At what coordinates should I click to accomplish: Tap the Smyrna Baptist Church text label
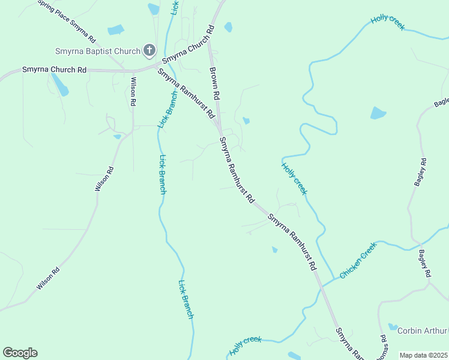click(x=97, y=51)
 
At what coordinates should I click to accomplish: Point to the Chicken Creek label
click(x=358, y=260)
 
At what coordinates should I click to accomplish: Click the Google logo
click(x=20, y=353)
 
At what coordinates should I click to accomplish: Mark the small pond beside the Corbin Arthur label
click(x=393, y=327)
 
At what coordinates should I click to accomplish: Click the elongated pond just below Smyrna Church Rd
click(x=59, y=85)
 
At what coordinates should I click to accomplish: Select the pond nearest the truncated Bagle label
click(x=378, y=113)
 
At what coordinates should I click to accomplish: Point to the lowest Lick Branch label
click(x=186, y=298)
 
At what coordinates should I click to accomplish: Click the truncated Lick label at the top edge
click(x=174, y=7)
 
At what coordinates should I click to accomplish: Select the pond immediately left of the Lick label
click(x=154, y=9)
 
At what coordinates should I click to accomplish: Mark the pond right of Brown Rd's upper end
click(x=228, y=27)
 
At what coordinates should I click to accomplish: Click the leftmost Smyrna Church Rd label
click(x=54, y=70)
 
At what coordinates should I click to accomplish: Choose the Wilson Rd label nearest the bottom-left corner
click(x=48, y=278)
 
